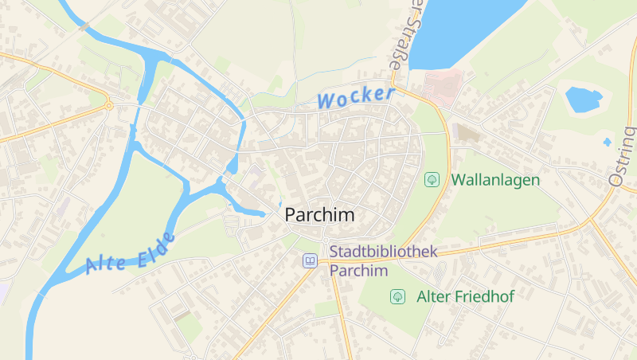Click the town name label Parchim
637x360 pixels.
(319, 215)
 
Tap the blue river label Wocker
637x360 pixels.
(355, 98)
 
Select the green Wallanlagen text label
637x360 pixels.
(495, 180)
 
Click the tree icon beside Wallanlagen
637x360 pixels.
(432, 179)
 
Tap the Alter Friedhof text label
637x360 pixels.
(465, 296)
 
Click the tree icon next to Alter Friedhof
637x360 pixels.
(397, 296)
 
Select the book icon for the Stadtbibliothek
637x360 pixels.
(309, 260)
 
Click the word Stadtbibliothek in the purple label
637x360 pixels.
(384, 252)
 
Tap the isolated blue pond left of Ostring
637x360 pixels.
(583, 100)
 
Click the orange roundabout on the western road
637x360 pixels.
(108, 104)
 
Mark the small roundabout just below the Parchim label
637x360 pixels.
(325, 239)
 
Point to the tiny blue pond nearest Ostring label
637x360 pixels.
(608, 142)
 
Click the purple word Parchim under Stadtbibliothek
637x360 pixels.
(358, 271)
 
